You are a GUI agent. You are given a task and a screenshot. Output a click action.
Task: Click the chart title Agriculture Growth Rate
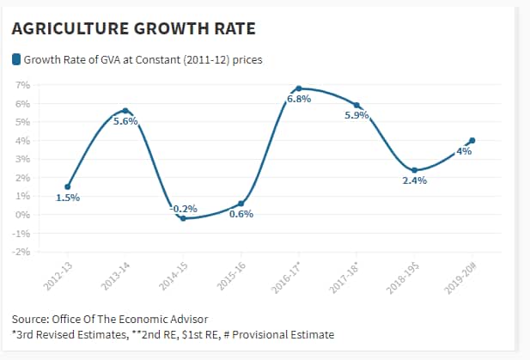click(x=134, y=29)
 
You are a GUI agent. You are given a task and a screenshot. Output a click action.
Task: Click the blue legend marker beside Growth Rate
click(x=15, y=60)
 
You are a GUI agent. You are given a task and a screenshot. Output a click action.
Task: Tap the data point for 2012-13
click(x=68, y=186)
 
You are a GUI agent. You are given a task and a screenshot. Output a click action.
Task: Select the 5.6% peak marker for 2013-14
click(x=125, y=111)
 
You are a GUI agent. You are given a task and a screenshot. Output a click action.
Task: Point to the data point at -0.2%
click(x=183, y=218)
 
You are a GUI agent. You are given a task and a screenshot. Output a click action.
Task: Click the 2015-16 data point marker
click(x=241, y=204)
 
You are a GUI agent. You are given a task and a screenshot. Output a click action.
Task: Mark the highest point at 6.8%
click(x=298, y=88)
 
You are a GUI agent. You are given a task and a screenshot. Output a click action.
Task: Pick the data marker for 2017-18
click(x=356, y=105)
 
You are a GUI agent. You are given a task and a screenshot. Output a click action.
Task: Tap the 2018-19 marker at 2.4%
click(x=414, y=170)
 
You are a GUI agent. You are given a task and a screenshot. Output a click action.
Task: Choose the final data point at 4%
click(x=472, y=140)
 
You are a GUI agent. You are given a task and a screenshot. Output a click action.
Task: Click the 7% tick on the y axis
click(x=23, y=85)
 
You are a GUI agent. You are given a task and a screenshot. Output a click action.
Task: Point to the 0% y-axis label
click(x=23, y=215)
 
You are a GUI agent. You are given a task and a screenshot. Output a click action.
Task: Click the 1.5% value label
click(x=68, y=198)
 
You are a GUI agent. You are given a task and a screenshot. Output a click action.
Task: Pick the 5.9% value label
click(x=356, y=115)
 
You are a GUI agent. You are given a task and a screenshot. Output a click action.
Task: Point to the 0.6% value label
click(x=241, y=214)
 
